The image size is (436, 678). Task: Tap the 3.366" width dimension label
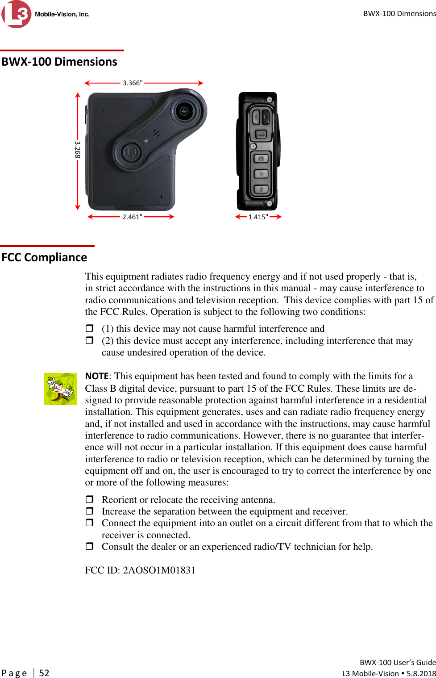[x=133, y=83]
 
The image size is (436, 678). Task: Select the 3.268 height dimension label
[x=77, y=150]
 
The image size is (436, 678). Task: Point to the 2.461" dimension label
[x=132, y=217]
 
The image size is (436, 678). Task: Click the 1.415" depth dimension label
[x=258, y=217]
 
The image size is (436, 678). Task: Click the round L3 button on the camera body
[x=132, y=152]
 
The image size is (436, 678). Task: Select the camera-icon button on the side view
[x=261, y=159]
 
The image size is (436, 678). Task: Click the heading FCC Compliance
[x=44, y=257]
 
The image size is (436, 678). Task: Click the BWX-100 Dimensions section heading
[x=59, y=62]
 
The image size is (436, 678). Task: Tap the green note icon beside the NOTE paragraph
[x=60, y=389]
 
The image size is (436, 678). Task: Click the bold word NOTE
[x=97, y=376]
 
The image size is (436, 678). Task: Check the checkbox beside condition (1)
[x=89, y=328]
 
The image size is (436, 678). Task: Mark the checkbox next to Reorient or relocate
[x=89, y=499]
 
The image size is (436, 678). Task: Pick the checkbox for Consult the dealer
[x=89, y=546]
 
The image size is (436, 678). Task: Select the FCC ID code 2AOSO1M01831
[x=159, y=570]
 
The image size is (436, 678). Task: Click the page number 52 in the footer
[x=44, y=673]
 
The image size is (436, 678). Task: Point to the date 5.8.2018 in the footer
[x=421, y=674]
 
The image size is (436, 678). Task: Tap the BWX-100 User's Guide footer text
[x=398, y=662]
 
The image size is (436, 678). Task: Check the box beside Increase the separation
[x=89, y=511]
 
